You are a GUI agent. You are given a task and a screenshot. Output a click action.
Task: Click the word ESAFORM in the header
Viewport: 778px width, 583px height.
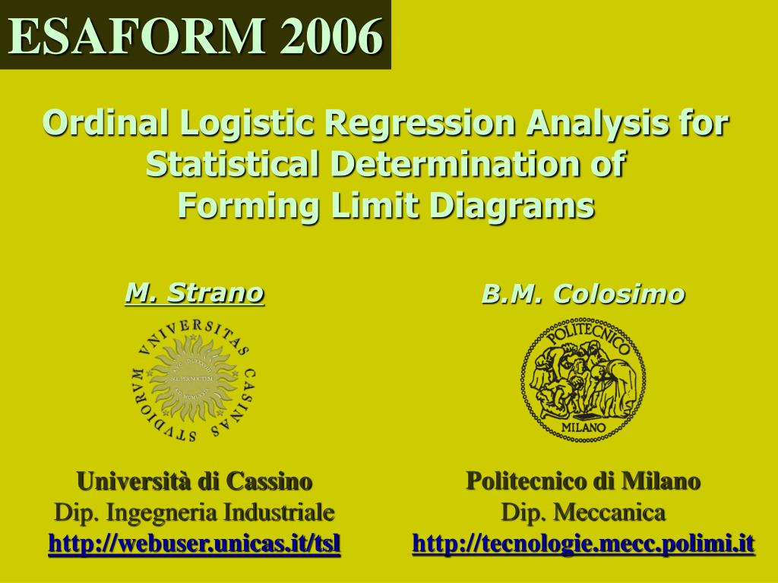point(138,36)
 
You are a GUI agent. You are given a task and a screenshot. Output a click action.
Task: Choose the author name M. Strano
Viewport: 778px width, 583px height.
point(194,292)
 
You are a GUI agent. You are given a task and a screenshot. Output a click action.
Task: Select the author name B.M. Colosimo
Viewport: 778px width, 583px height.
point(583,294)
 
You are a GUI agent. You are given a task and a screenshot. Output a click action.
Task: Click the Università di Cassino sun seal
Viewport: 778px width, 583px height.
point(194,380)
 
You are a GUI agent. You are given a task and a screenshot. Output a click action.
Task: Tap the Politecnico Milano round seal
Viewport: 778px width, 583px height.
point(583,380)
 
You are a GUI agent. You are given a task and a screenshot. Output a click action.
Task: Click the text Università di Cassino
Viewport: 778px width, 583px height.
point(194,481)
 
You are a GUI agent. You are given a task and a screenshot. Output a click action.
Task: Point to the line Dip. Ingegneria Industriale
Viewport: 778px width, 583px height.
point(194,512)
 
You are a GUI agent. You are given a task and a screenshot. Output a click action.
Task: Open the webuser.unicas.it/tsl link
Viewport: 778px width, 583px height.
point(194,544)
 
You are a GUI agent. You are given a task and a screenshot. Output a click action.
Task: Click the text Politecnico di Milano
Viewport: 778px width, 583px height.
point(583,481)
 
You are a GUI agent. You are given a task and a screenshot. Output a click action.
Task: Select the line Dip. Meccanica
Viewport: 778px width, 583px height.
point(583,512)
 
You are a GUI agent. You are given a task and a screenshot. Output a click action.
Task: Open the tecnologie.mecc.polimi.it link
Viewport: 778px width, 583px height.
point(583,544)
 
